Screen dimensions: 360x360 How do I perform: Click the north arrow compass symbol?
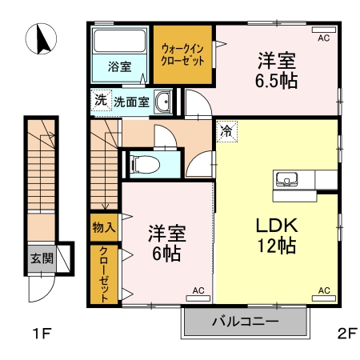point(41,39)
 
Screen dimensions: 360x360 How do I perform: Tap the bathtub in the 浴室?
point(120,41)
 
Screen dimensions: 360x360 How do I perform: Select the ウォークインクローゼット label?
point(182,55)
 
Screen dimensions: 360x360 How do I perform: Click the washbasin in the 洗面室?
point(162,102)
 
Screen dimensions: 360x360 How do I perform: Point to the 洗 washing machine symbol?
point(101,100)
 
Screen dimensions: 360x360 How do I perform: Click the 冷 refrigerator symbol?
point(226,131)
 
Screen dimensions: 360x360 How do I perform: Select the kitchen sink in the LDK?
point(287,179)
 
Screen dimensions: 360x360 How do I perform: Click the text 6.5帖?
point(276,81)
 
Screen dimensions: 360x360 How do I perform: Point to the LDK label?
point(277,226)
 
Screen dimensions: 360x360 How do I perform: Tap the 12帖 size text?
point(277,246)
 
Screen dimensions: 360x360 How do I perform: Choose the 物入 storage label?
point(104,227)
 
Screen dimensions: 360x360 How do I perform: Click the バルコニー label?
point(246,321)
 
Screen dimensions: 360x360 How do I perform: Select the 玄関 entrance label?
point(42,258)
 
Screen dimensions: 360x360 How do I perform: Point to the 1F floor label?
point(42,334)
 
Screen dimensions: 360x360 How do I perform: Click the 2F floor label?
point(347,334)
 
